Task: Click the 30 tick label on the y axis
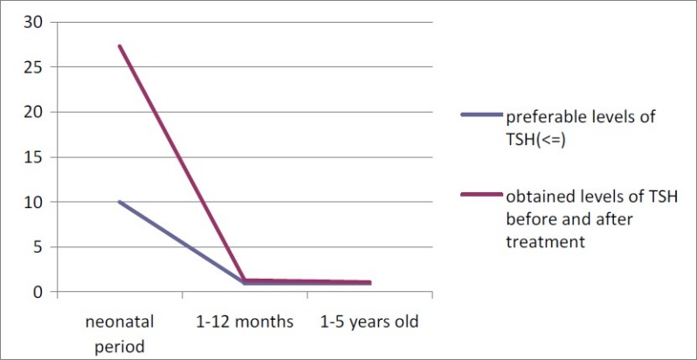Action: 31,22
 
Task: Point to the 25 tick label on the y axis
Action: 31,67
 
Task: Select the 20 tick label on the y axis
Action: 31,113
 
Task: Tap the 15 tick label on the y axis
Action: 31,158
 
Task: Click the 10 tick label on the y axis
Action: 31,203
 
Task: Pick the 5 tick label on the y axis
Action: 37,247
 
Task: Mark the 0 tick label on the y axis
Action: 37,292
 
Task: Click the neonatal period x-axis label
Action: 120,333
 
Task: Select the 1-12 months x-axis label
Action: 245,322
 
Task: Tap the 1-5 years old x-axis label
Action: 369,322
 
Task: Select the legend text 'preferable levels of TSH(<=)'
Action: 580,126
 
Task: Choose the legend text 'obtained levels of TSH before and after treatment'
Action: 593,218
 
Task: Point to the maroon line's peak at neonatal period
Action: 120,46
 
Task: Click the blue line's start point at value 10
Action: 120,202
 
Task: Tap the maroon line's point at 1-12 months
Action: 245,280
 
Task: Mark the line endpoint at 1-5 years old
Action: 370,282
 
